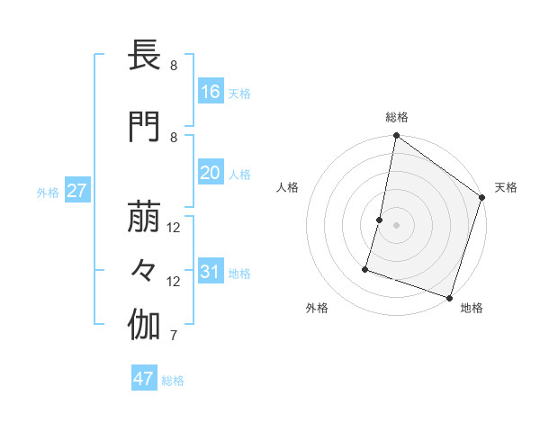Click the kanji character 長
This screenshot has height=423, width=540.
144,57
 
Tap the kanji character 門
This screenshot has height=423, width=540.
144,127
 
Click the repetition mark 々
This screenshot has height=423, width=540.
144,271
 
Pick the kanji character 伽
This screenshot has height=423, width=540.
144,327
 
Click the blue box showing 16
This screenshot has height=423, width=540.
211,92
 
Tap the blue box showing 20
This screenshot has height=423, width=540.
211,173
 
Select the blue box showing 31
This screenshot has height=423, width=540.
211,272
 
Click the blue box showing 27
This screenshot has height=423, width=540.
76,191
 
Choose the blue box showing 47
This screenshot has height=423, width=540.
144,379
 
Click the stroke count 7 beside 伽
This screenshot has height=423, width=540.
173,337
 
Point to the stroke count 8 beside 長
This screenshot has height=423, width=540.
173,66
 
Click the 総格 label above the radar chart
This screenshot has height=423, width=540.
397,117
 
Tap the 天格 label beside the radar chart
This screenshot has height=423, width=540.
506,187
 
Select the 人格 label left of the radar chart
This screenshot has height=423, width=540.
287,187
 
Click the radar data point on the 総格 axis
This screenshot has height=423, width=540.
396,137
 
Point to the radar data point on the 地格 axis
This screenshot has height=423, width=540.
449,297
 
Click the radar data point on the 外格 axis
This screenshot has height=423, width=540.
365,269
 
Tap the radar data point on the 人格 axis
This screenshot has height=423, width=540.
380,220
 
